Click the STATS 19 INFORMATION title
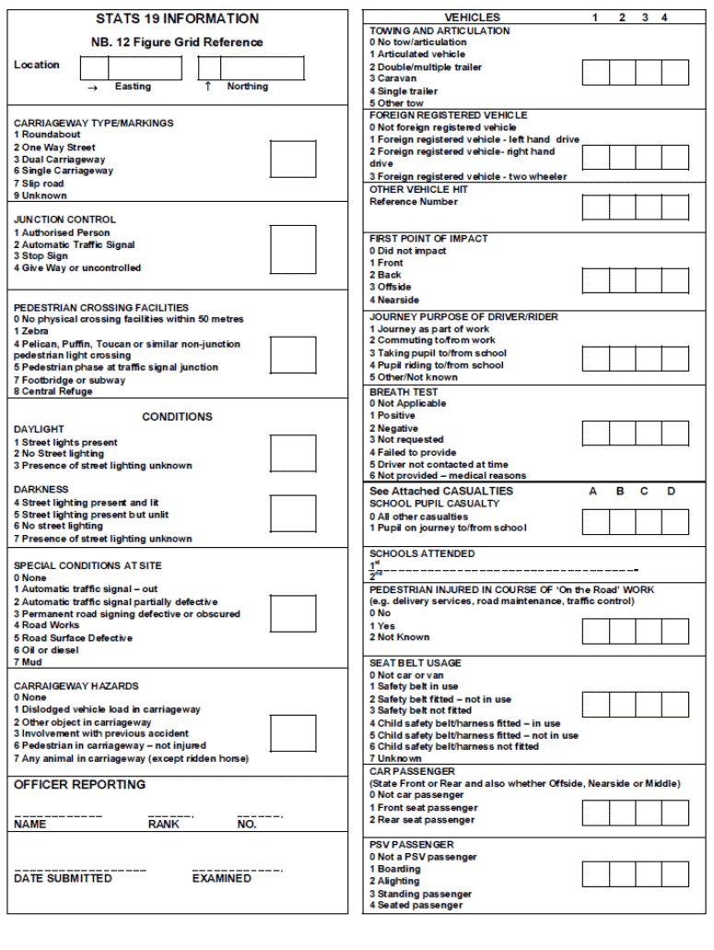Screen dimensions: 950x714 [x=177, y=18]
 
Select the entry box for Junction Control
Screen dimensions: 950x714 [x=293, y=250]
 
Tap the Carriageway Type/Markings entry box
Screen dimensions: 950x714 [x=293, y=159]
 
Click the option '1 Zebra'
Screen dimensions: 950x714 [x=31, y=331]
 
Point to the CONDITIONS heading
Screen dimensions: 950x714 [x=177, y=417]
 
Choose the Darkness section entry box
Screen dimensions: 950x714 [x=293, y=513]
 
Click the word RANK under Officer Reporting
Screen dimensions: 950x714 [x=163, y=825]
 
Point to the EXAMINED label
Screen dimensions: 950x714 [x=221, y=879]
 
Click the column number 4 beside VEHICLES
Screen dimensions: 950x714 [x=663, y=18]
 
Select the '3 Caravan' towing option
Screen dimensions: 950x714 [x=393, y=79]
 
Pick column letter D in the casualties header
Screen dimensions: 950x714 [x=671, y=492]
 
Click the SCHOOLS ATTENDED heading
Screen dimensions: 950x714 [x=422, y=554]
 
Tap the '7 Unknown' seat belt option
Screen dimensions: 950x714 [x=395, y=759]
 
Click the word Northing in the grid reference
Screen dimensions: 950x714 [x=248, y=87]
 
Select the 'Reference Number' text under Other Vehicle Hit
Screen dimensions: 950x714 [x=414, y=202]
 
